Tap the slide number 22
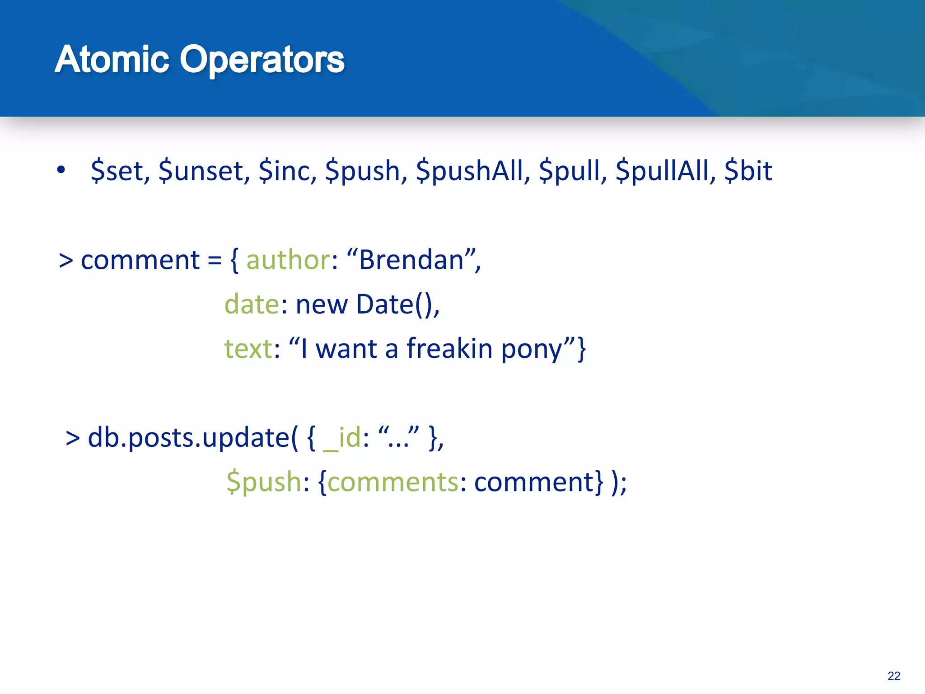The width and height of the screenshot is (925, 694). click(x=893, y=676)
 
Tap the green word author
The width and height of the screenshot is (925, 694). click(x=288, y=261)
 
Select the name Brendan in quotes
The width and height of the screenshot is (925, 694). click(x=411, y=261)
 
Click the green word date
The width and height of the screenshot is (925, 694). click(x=252, y=305)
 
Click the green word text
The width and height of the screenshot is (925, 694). click(x=248, y=349)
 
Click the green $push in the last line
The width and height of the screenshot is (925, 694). click(x=264, y=482)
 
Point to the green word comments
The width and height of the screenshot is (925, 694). click(x=393, y=482)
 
